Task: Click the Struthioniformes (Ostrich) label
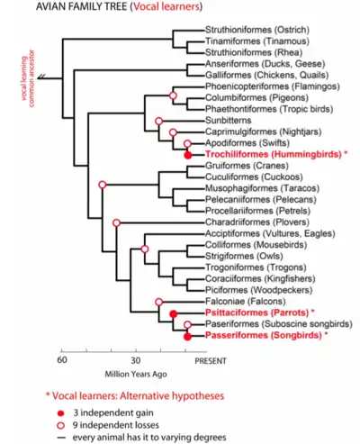[257, 30]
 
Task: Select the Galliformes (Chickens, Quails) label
[266, 75]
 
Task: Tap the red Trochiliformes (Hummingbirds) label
[274, 154]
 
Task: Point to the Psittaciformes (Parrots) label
[256, 313]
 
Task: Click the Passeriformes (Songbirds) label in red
[264, 335]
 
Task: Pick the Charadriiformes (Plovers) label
[257, 222]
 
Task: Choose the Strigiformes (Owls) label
[244, 256]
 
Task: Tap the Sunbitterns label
[229, 121]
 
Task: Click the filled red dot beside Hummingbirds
[188, 155]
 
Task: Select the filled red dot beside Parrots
[174, 314]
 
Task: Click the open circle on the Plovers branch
[116, 223]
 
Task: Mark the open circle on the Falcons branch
[159, 302]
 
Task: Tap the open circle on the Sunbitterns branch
[159, 121]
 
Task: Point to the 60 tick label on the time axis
[62, 359]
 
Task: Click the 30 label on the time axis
[136, 360]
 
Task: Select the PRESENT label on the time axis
[211, 361]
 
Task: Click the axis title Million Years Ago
[136, 374]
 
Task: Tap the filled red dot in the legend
[61, 413]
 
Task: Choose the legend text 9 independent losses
[116, 425]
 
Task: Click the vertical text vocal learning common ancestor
[28, 78]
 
